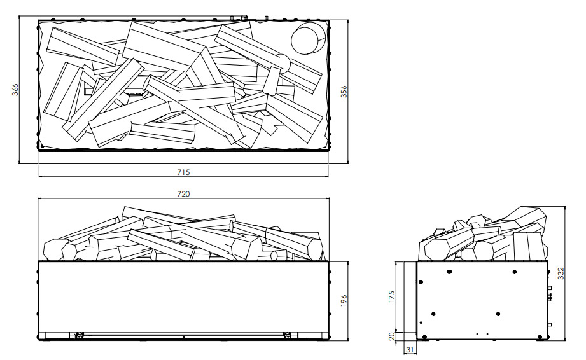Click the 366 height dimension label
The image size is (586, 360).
coord(17,91)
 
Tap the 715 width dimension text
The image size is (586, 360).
coord(183,172)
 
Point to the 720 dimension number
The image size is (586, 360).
coord(183,194)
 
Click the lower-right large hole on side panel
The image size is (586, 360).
coord(498,314)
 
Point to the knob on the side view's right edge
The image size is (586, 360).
coord(549,295)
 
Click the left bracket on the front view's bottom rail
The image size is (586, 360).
coord(79,335)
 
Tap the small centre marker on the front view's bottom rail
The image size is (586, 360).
coord(183,335)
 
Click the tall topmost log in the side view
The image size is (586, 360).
coord(528,219)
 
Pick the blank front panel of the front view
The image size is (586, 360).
coord(183,296)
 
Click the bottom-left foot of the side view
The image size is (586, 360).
coord(421,336)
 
